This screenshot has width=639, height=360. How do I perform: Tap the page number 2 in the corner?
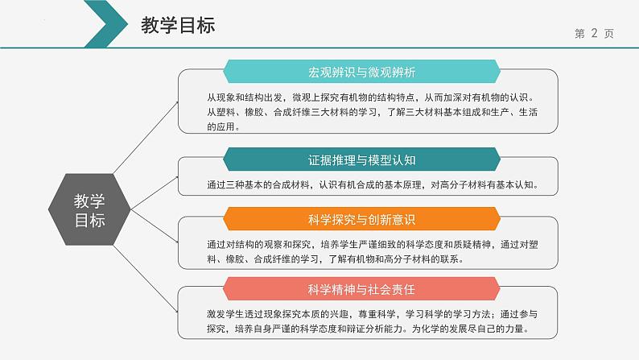point(594,34)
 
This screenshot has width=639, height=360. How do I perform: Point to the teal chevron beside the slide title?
point(101,24)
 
